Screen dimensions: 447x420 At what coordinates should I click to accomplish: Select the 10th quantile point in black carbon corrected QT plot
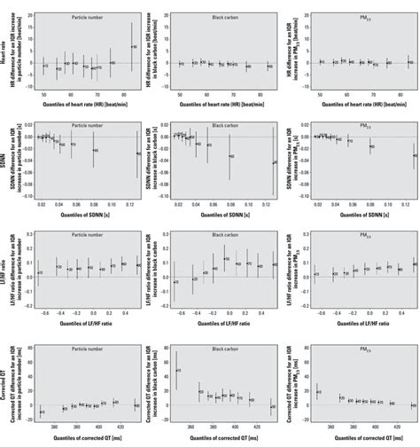[177, 371]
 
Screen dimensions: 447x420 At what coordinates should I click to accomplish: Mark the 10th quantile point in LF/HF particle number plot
[39, 272]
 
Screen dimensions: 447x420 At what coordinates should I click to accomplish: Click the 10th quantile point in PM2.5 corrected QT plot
[318, 391]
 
